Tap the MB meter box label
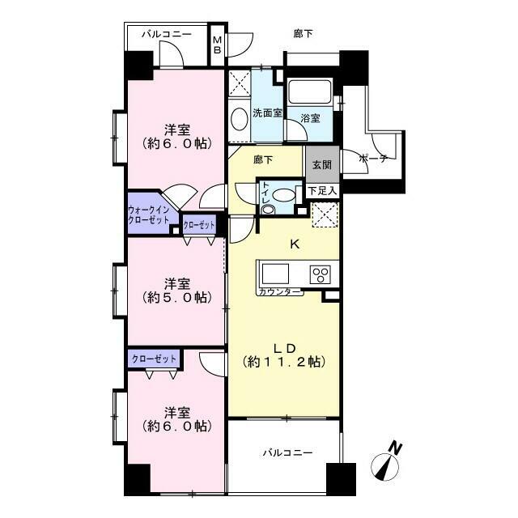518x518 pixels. click(217, 46)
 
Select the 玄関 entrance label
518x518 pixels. click(321, 164)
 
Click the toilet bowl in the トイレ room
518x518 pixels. click(284, 195)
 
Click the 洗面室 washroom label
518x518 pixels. click(266, 113)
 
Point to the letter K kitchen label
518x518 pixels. click(295, 242)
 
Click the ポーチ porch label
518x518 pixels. click(372, 158)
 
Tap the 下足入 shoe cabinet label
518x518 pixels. click(323, 190)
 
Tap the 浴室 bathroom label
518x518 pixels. click(310, 118)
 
